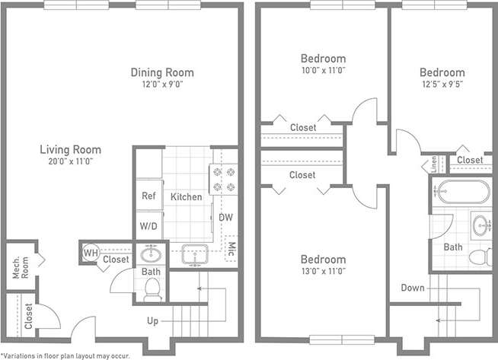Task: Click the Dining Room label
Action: [x=161, y=73]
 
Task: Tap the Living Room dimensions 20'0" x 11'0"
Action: [x=70, y=161]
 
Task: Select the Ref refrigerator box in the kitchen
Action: [x=148, y=196]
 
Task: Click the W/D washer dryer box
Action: [x=148, y=226]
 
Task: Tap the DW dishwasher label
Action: [x=225, y=218]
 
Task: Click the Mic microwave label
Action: [x=231, y=247]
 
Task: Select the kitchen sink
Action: [x=196, y=254]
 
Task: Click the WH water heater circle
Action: [x=90, y=253]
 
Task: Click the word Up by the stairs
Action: [x=152, y=321]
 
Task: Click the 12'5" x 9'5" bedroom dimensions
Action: [x=442, y=85]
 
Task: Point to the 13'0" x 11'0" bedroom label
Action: [x=322, y=270]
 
